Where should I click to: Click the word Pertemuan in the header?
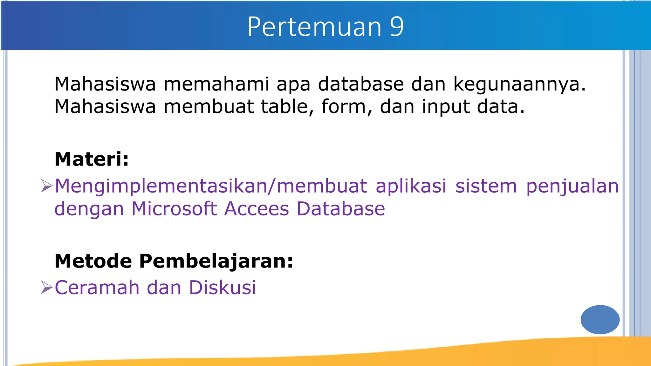coord(314,27)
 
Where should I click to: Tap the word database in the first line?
coord(361,84)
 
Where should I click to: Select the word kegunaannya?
coord(519,85)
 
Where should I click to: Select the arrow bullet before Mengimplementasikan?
coord(46,186)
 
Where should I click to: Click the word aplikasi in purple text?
coord(411,186)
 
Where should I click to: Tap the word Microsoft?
coord(174,209)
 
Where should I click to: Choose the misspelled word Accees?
coord(257,209)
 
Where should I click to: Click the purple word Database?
coord(340,209)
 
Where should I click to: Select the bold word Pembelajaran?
coord(216,261)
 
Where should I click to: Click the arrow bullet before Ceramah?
coord(46,288)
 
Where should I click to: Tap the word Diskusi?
coord(222,288)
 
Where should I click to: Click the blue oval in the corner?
coord(600,319)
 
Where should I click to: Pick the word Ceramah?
coord(97,288)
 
